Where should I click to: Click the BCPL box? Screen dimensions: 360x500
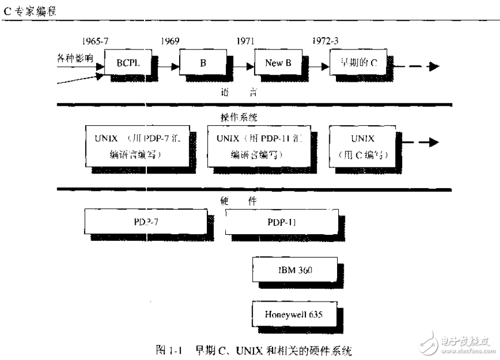pyautogui.click(x=127, y=63)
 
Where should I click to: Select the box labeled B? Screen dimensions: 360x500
pyautogui.click(x=202, y=63)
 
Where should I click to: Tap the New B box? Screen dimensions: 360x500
pyautogui.click(x=278, y=63)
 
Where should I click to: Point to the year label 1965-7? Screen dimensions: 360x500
pyautogui.click(x=96, y=41)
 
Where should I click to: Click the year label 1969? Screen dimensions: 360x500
pyautogui.click(x=171, y=41)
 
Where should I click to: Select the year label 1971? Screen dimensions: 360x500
pyautogui.click(x=246, y=41)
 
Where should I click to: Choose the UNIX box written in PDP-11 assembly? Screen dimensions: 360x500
pyautogui.click(x=255, y=146)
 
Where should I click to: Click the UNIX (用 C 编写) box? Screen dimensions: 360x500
pyautogui.click(x=363, y=146)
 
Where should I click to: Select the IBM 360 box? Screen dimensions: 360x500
pyautogui.click(x=294, y=270)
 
